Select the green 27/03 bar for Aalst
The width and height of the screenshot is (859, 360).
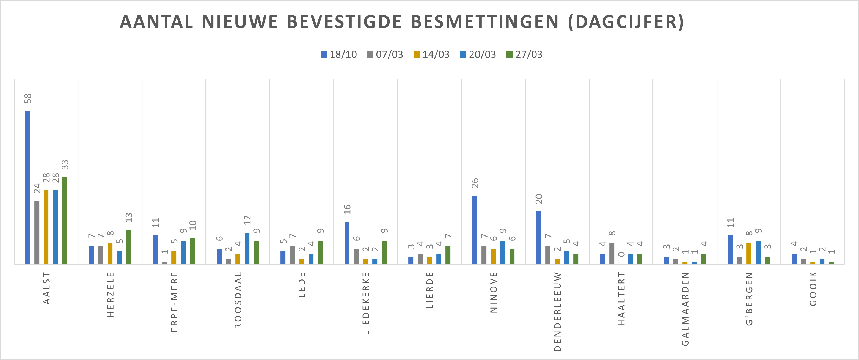point(65,221)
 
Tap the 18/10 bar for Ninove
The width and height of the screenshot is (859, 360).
point(475,230)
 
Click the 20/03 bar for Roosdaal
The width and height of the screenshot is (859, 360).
point(247,248)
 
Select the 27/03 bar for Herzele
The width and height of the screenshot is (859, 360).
point(129,247)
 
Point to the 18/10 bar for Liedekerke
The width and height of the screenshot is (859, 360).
point(347,243)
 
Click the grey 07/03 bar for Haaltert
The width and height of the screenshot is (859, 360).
point(612,254)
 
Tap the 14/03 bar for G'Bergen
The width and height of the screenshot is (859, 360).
point(749,254)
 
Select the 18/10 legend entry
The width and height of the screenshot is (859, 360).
point(339,54)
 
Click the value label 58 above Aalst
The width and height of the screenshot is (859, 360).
point(28,98)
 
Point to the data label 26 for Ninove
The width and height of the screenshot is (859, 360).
point(475,183)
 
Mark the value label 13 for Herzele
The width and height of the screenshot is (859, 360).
point(129,218)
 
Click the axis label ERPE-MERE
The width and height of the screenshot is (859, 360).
point(174,302)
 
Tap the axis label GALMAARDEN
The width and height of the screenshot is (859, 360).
point(685,309)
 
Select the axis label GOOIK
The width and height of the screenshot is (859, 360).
point(813,288)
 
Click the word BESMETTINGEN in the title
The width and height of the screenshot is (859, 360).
point(484,22)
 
